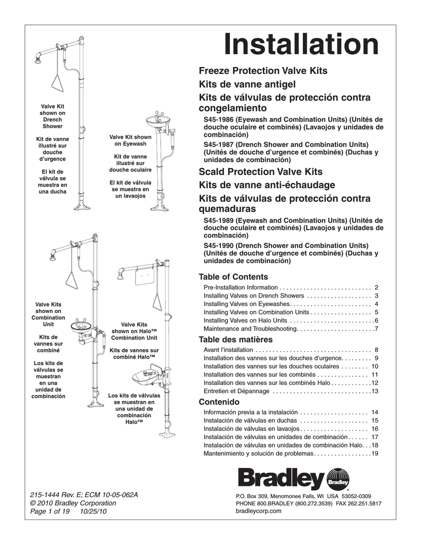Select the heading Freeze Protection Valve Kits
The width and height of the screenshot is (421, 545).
click(x=263, y=71)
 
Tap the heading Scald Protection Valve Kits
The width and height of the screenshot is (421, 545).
click(x=260, y=172)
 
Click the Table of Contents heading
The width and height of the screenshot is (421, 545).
click(x=233, y=277)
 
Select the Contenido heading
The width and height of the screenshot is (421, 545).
click(x=219, y=401)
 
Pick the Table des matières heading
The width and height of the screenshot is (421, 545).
click(x=235, y=340)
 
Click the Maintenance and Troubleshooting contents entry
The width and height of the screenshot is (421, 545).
click(x=250, y=329)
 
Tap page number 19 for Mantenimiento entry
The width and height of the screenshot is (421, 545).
click(x=375, y=453)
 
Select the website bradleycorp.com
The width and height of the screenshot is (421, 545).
click(x=258, y=511)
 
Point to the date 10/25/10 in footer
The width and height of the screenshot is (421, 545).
click(x=92, y=511)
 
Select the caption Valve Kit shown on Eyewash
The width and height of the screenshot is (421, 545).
click(x=130, y=141)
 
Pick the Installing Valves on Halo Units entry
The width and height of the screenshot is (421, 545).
click(x=246, y=320)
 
